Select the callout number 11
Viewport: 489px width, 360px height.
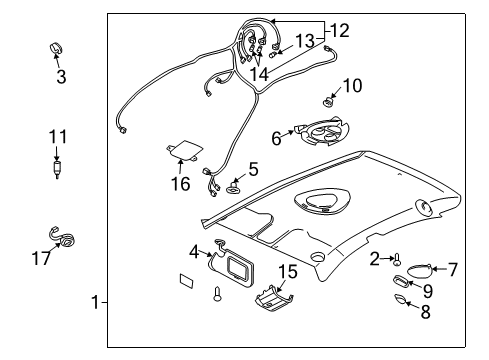tap(59, 136)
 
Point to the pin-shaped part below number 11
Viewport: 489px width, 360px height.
tap(58, 164)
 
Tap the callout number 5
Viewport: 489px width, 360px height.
tap(253, 170)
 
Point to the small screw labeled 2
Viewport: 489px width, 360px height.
tap(395, 262)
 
